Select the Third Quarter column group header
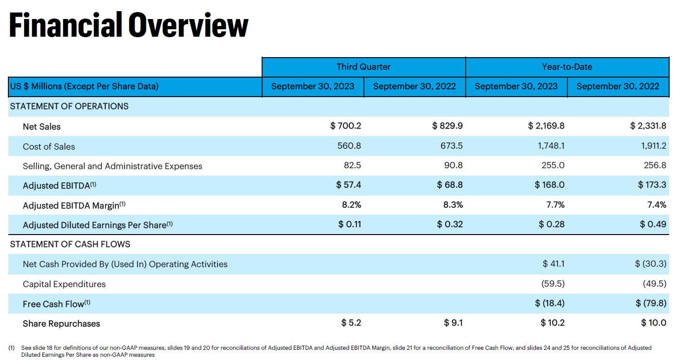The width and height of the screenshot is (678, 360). tap(363, 67)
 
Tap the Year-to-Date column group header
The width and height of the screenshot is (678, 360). tap(567, 67)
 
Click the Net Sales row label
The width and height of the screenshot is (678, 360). tap(41, 126)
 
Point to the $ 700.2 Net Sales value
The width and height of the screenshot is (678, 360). tap(345, 126)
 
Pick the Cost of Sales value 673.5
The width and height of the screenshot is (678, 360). tap(452, 146)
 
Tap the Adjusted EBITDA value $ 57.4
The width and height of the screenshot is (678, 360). tap(349, 185)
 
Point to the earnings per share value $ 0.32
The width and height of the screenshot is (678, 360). tap(450, 224)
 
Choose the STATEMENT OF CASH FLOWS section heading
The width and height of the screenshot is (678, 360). tap(70, 244)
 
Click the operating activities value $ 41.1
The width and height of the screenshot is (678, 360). tap(553, 264)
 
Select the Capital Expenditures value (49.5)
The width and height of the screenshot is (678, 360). tap(654, 284)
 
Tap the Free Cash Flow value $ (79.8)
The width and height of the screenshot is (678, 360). tap(651, 303)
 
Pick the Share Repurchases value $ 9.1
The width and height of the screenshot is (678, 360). tap(453, 323)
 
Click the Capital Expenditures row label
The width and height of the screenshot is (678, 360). tap(64, 284)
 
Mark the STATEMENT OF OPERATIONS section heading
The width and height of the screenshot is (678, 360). tap(69, 106)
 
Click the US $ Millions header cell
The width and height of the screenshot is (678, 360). tap(84, 86)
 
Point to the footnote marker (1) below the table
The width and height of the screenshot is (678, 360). tap(12, 348)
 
